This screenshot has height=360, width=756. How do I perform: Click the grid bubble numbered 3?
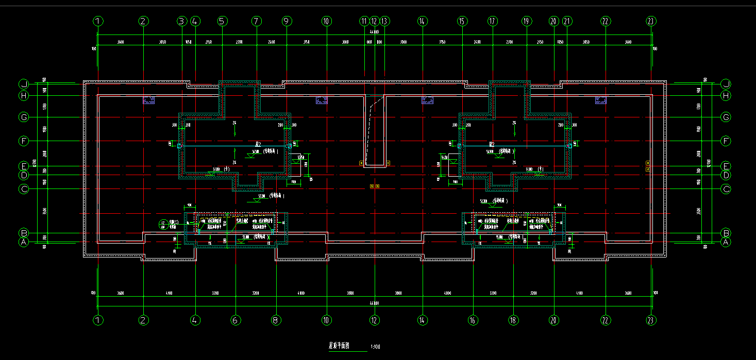click(181, 21)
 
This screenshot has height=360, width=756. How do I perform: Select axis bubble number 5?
click(222, 21)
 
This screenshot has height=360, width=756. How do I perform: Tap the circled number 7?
click(257, 21)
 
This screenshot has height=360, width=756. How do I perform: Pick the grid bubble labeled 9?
click(287, 21)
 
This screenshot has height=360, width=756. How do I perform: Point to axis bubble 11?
click(365, 21)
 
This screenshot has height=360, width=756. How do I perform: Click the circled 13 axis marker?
click(384, 21)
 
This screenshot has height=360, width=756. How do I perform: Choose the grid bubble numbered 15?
click(462, 21)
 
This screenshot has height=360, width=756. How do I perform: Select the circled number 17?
click(493, 21)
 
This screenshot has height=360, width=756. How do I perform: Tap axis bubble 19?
click(526, 21)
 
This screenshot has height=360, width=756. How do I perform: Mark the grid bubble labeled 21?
click(567, 21)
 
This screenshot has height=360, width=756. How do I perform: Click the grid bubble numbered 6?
click(236, 320)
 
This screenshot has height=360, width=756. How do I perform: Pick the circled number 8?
click(276, 320)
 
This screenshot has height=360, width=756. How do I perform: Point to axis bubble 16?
click(473, 320)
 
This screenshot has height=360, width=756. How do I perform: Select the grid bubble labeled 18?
click(513, 320)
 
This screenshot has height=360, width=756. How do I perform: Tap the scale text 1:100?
click(376, 347)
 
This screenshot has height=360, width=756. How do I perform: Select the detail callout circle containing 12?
click(163, 224)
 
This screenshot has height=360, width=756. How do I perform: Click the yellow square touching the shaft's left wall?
click(361, 163)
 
